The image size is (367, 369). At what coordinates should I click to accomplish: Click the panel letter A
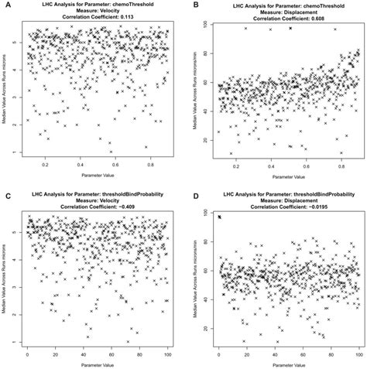tap(5, 5)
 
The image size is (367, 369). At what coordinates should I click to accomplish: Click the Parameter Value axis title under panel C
tap(97, 364)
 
